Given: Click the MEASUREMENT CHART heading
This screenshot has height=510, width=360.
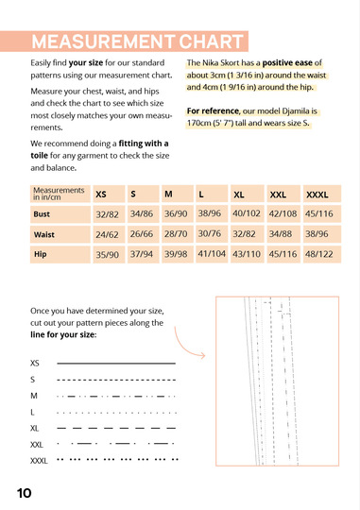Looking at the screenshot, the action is click(x=137, y=42).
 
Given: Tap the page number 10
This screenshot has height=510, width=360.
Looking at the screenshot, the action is click(x=24, y=493).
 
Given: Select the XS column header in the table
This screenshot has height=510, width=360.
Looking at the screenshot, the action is click(x=101, y=195).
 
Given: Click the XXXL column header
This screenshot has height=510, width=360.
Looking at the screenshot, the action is click(x=317, y=195).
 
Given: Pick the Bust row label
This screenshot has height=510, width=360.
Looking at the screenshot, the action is click(x=42, y=214).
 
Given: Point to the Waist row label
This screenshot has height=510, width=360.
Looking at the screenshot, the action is click(x=44, y=234).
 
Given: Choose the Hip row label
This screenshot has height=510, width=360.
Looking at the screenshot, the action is click(x=41, y=254).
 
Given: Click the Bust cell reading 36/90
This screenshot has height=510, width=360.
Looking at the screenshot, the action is click(x=176, y=213).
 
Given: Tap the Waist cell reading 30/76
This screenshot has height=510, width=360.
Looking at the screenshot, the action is click(x=210, y=233).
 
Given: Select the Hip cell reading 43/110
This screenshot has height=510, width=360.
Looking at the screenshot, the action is click(x=247, y=254).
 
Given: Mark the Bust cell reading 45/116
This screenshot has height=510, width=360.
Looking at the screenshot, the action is click(x=319, y=213).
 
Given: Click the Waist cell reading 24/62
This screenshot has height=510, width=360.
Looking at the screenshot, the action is click(x=107, y=234).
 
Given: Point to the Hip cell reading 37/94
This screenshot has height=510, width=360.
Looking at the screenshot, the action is click(x=142, y=254).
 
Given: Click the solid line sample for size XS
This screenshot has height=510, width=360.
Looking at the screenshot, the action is click(x=116, y=363).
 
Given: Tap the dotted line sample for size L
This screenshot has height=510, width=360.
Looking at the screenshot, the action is click(x=116, y=413).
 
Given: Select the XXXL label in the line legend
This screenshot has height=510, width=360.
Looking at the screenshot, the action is click(x=39, y=461).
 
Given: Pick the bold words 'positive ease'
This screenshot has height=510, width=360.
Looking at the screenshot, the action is click(x=287, y=62).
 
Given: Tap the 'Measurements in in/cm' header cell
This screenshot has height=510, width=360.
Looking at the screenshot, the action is click(x=60, y=194).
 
